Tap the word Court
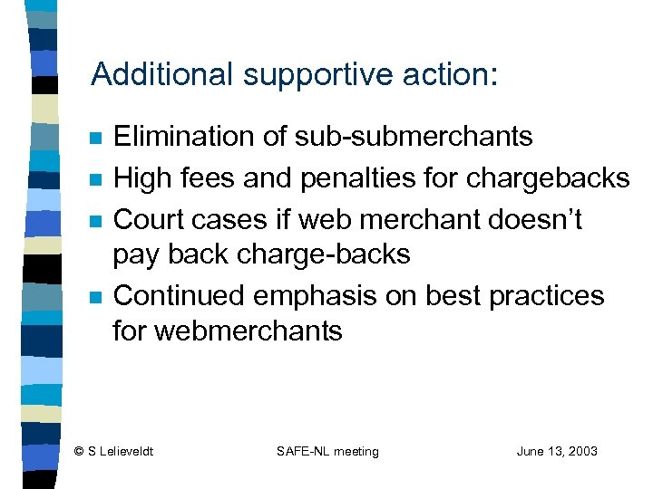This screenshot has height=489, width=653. (147, 219)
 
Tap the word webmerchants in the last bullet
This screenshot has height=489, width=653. (249, 331)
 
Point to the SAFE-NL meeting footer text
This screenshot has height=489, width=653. (326, 451)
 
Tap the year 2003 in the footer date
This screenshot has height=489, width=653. (580, 451)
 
